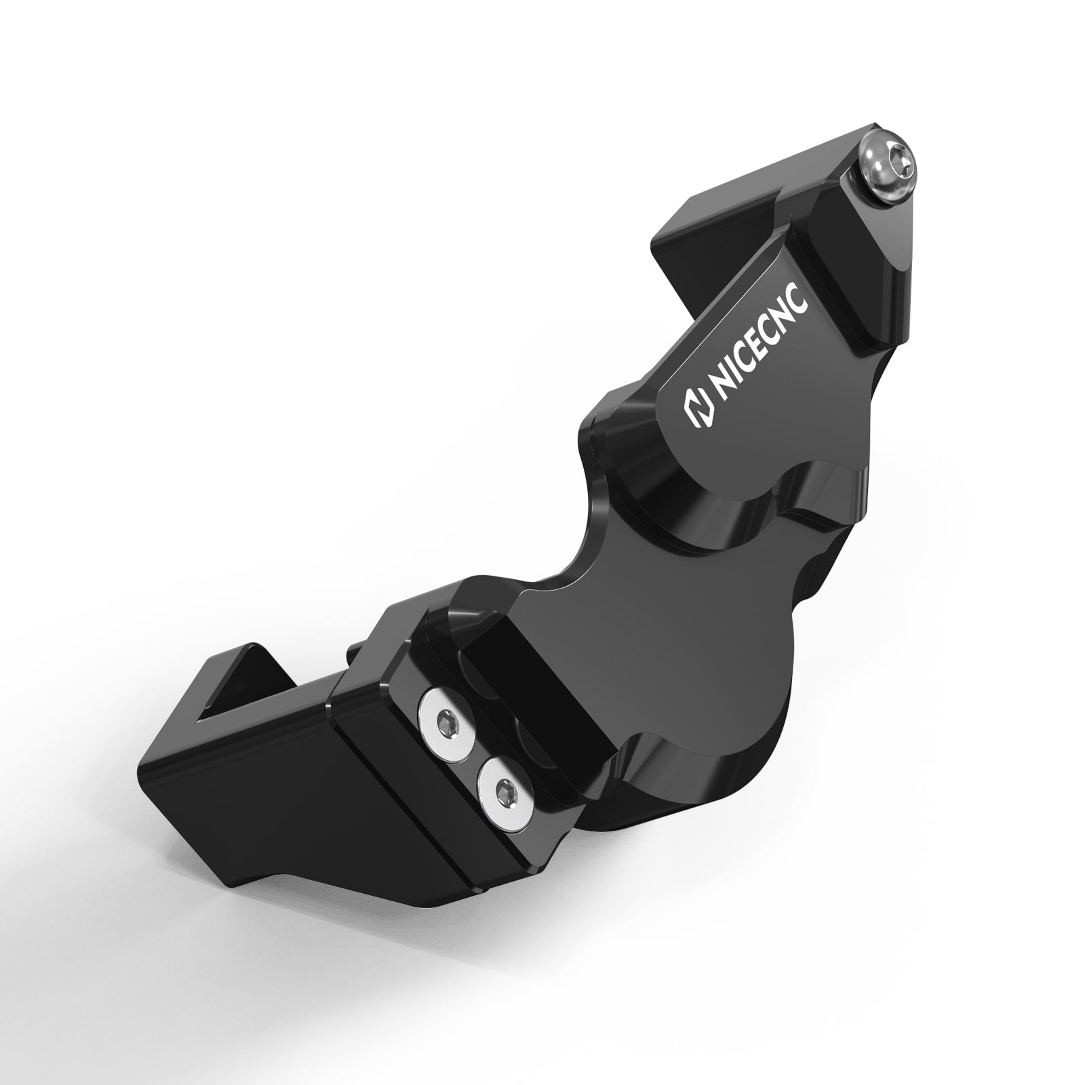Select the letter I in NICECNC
tap(730, 380)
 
